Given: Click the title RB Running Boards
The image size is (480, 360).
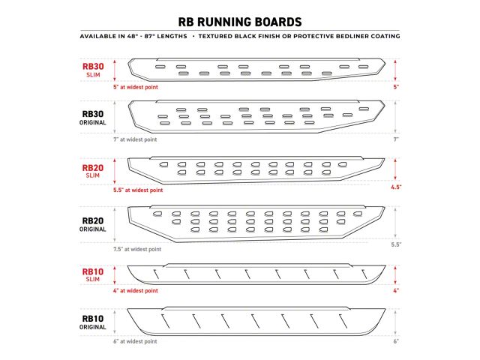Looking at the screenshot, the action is pyautogui.click(x=240, y=22).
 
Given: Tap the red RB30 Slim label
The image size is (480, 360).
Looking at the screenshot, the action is pyautogui.click(x=93, y=70).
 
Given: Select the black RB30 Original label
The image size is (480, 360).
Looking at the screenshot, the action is pyautogui.click(x=93, y=118).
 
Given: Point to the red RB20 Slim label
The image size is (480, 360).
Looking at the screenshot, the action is pyautogui.click(x=93, y=171).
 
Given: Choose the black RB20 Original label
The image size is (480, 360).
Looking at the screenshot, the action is pyautogui.click(x=93, y=225).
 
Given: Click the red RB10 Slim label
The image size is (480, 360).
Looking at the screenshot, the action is pyautogui.click(x=93, y=275).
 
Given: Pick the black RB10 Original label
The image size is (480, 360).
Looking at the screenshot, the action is pyautogui.click(x=93, y=322).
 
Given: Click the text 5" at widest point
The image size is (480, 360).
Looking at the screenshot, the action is pyautogui.click(x=136, y=87).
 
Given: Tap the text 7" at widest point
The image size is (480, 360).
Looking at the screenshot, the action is pyautogui.click(x=135, y=139).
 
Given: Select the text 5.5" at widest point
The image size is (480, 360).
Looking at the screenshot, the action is pyautogui.click(x=138, y=190).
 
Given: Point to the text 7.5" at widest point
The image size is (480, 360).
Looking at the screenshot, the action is pyautogui.click(x=137, y=249).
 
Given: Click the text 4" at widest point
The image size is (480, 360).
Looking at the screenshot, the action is pyautogui.click(x=136, y=290).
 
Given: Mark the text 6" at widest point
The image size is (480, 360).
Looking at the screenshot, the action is pyautogui.click(x=135, y=341).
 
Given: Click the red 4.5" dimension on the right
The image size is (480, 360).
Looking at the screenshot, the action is pyautogui.click(x=396, y=187).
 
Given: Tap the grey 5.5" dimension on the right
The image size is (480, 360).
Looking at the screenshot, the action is pyautogui.click(x=396, y=244).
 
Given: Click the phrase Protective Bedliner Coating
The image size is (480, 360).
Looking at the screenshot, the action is pyautogui.click(x=346, y=36).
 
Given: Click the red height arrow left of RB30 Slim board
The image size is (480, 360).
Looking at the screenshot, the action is pyautogui.click(x=115, y=70).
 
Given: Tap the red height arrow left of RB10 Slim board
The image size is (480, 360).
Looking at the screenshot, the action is pyautogui.click(x=115, y=275).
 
